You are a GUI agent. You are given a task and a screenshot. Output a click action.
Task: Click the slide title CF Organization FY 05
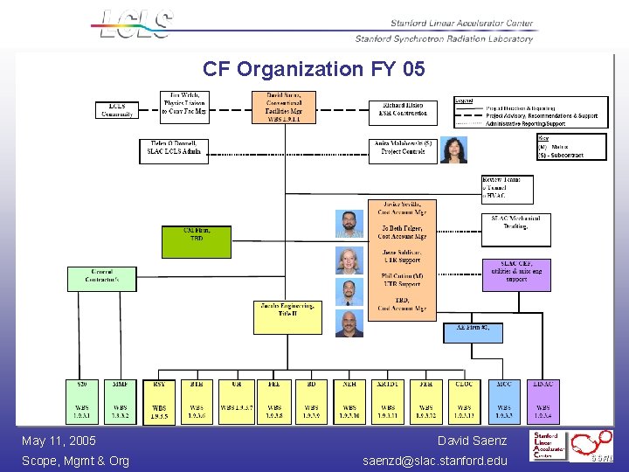[x=314, y=68]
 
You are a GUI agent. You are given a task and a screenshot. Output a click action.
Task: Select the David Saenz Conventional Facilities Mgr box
[x=284, y=107]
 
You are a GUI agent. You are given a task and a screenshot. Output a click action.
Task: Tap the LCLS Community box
[x=117, y=110]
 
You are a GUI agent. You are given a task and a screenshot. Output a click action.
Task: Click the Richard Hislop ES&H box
[x=402, y=109]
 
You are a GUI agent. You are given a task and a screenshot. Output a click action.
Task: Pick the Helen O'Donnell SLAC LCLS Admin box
[x=174, y=150]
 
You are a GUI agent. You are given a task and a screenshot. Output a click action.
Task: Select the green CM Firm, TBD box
[x=197, y=241]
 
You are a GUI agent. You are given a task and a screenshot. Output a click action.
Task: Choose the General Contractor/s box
[x=102, y=279]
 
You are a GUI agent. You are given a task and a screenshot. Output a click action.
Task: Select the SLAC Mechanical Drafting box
[x=515, y=229]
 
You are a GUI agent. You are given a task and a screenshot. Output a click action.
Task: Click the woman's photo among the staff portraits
[x=349, y=260]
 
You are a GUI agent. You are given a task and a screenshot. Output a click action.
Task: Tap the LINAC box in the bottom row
[x=543, y=401]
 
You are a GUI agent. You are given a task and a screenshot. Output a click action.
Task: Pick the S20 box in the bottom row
[x=83, y=401]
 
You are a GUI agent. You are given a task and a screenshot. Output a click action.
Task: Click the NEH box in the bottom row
[x=349, y=401]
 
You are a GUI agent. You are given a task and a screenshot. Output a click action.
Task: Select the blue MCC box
[x=504, y=401]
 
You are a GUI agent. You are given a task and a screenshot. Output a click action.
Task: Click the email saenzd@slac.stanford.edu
[x=435, y=461]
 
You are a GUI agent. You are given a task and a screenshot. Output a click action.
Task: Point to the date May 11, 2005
[x=59, y=441]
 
